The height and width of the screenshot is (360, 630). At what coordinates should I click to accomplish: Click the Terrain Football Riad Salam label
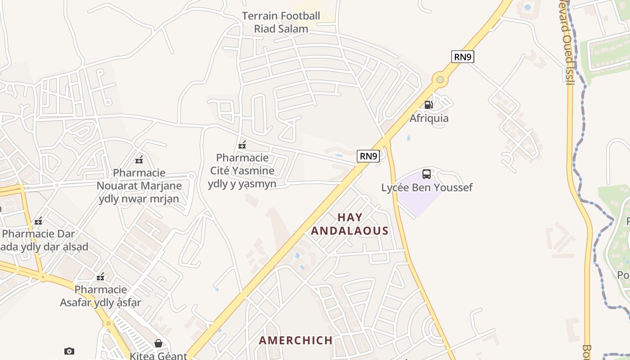[x=281, y=22]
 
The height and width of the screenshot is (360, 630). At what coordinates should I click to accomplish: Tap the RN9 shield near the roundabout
[x=463, y=57]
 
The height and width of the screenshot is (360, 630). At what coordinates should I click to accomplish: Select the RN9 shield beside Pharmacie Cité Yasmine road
[x=368, y=156]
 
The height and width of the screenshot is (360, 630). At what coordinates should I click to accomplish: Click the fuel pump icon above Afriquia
[x=428, y=105]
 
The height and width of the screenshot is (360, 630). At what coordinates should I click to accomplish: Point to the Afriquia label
[x=429, y=118]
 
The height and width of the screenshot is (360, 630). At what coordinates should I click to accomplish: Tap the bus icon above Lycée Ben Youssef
[x=426, y=174]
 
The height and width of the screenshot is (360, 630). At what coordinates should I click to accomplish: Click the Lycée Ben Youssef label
[x=427, y=188]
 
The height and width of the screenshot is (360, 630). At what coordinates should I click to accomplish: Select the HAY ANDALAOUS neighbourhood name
[x=350, y=224]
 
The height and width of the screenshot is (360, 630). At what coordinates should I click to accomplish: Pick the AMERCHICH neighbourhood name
[x=296, y=340]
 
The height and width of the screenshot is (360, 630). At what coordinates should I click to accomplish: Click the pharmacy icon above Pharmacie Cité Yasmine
[x=242, y=145]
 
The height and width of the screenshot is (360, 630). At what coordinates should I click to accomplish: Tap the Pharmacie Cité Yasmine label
[x=242, y=171]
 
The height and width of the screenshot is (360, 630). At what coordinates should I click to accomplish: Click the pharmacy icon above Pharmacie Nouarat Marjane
[x=139, y=160]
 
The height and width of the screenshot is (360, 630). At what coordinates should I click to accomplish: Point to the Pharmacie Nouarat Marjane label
[x=139, y=185]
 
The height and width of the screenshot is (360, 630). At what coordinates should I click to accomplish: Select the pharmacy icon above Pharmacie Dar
[x=39, y=221]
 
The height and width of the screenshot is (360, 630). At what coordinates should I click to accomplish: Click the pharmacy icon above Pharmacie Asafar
[x=101, y=277]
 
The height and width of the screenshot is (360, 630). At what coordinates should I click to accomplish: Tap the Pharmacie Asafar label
[x=101, y=296]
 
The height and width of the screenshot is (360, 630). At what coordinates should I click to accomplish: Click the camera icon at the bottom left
[x=69, y=351]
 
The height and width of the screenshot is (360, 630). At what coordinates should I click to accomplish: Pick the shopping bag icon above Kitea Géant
[x=158, y=343]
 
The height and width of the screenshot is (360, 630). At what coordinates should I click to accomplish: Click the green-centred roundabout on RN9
[x=440, y=80]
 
